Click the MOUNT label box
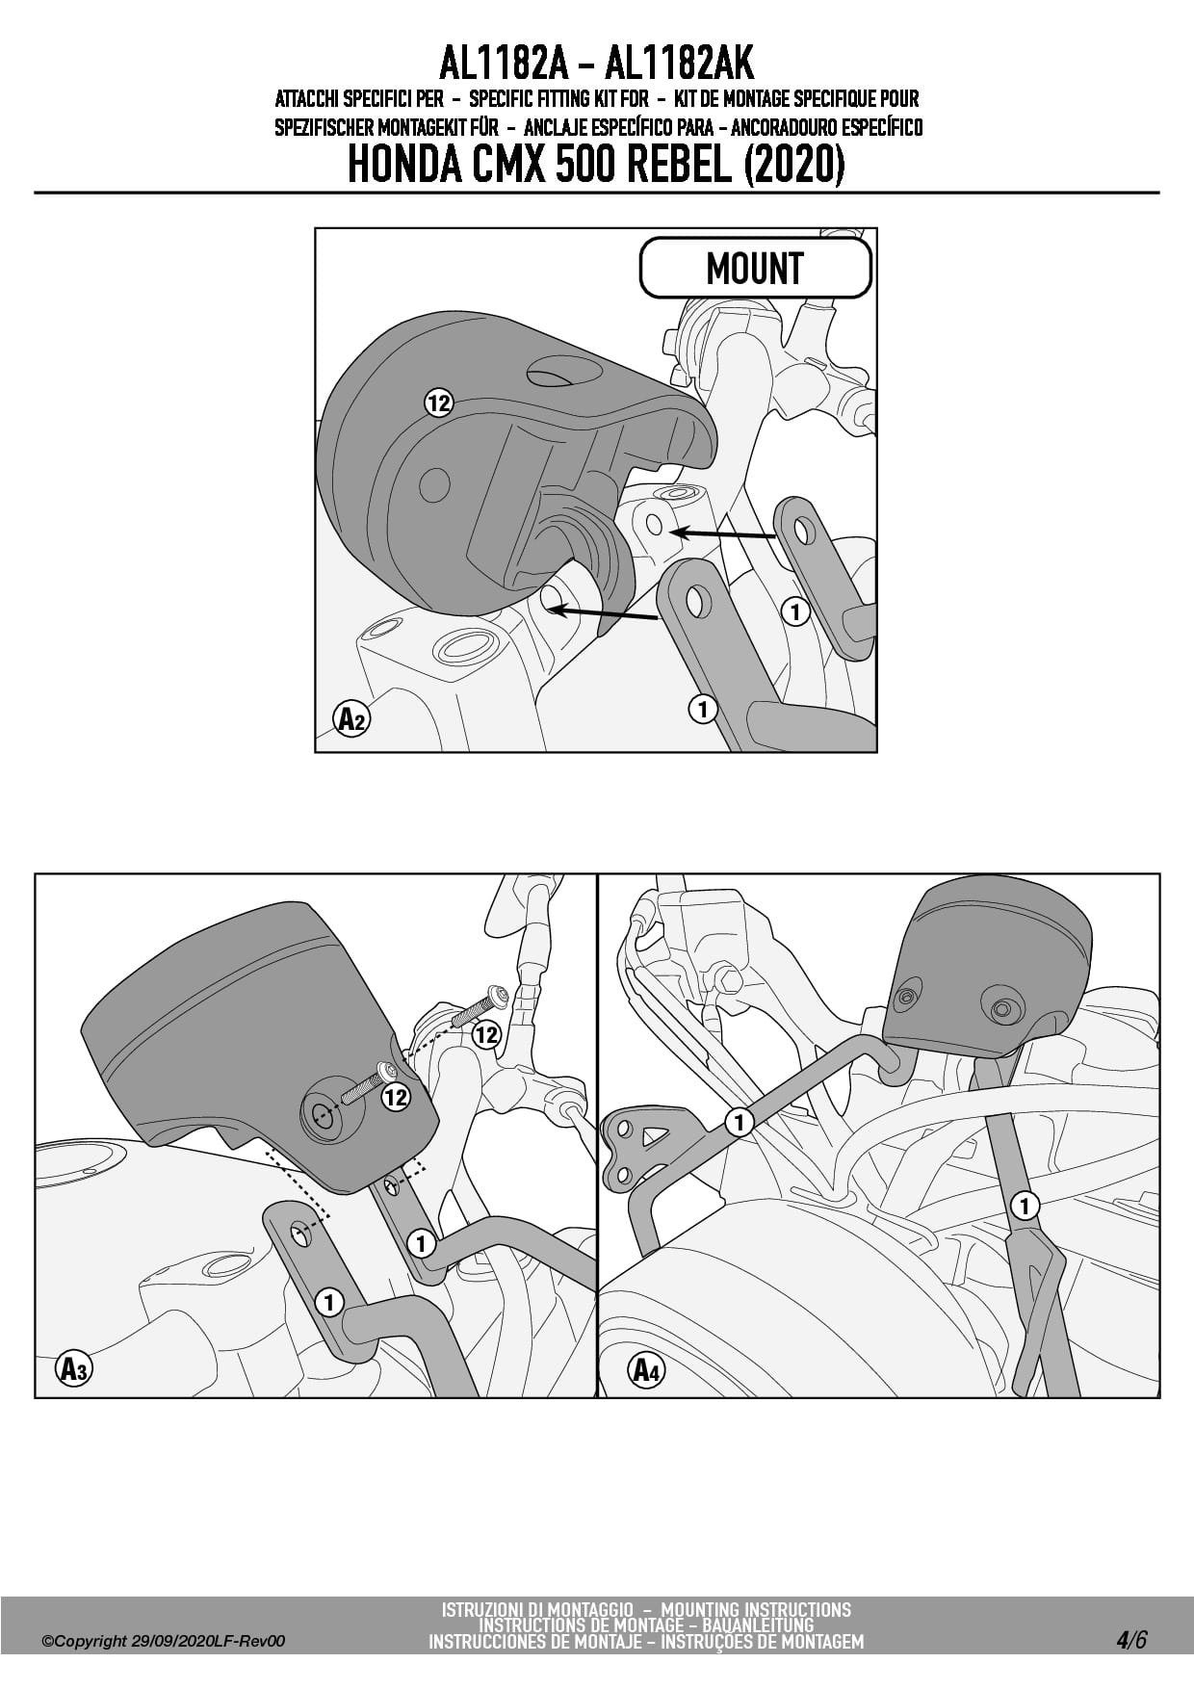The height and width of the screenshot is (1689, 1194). (x=755, y=268)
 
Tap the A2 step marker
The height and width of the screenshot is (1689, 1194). (x=351, y=718)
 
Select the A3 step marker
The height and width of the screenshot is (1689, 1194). (x=73, y=1368)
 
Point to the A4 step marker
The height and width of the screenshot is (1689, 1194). (x=646, y=1368)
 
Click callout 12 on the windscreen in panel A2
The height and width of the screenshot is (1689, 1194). (x=439, y=403)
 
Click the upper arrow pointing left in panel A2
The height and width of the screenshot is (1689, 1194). (x=722, y=533)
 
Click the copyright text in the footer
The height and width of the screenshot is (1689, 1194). (x=164, y=1642)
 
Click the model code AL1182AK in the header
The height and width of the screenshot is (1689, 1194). (x=679, y=64)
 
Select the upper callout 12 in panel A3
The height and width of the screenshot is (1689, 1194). (x=486, y=1035)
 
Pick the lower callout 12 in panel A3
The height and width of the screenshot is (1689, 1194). (x=396, y=1097)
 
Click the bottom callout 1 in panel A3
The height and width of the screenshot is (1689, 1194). (x=329, y=1303)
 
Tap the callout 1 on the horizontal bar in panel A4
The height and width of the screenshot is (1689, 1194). (x=739, y=1122)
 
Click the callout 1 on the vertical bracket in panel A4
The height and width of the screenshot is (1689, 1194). (x=1025, y=1205)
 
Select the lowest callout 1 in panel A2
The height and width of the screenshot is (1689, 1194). (x=703, y=709)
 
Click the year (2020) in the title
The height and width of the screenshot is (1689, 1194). (x=794, y=166)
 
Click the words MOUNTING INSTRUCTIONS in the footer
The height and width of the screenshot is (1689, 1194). (x=756, y=1609)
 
